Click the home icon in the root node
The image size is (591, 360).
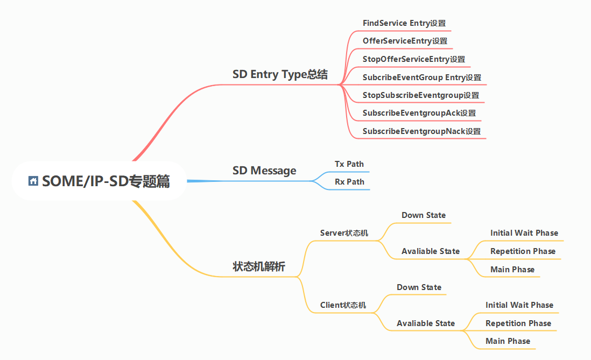(33, 181)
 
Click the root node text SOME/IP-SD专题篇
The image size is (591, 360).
(106, 182)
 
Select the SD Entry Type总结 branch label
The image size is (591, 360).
(280, 74)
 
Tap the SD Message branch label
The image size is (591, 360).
(264, 171)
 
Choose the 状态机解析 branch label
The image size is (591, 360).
(259, 266)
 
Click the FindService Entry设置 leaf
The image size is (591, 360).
(404, 23)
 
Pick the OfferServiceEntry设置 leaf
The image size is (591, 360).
(405, 41)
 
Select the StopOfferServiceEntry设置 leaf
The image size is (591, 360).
(414, 59)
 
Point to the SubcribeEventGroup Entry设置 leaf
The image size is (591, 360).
(422, 77)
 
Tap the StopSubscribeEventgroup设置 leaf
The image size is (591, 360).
(421, 95)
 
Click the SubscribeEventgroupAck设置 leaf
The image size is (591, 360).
(419, 113)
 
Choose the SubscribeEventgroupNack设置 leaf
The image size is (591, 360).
(421, 131)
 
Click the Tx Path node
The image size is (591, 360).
(349, 164)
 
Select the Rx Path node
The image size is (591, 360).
(349, 182)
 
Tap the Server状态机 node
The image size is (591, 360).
(344, 233)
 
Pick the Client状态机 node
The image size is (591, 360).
(343, 305)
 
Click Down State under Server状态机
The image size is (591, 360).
(424, 215)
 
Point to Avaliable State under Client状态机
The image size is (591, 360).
(426, 323)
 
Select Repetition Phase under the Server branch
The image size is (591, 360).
(523, 251)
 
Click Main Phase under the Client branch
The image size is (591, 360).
(508, 341)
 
